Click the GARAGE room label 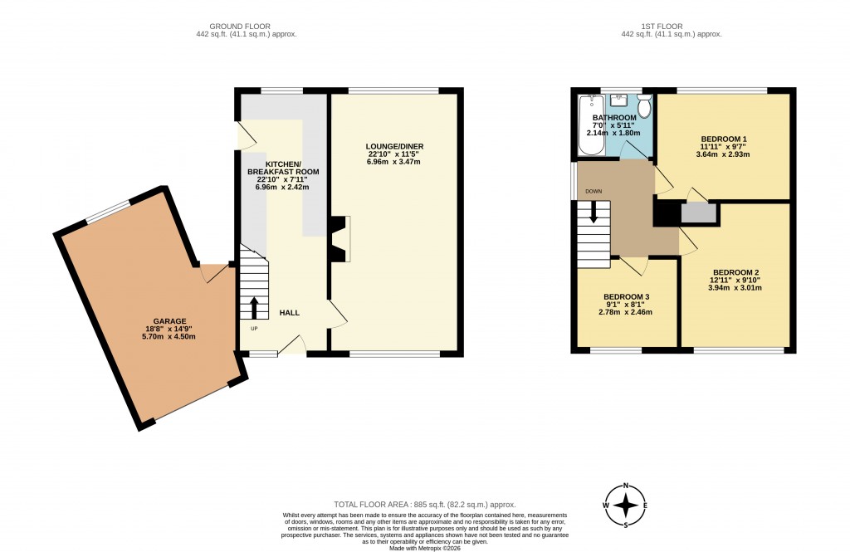pos(169,321)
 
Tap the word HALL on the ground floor pos(290,313)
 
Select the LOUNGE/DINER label pos(394,146)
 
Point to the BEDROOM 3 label pos(626,297)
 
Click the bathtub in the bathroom pos(590,125)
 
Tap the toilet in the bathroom pos(644,105)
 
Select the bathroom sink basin pos(618,101)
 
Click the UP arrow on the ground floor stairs pos(254,307)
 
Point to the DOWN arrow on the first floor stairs pos(594,212)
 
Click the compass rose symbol pos(626,506)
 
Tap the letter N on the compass pos(626,486)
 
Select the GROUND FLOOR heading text pos(240,26)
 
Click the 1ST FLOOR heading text pos(662,26)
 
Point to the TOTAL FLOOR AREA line pos(425,505)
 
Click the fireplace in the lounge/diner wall pos(340,239)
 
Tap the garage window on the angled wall pos(109,212)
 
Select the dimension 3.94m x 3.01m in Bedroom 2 pos(735,288)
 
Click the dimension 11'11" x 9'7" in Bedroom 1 pos(723,146)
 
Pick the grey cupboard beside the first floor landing pos(699,213)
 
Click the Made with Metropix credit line pos(424,548)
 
